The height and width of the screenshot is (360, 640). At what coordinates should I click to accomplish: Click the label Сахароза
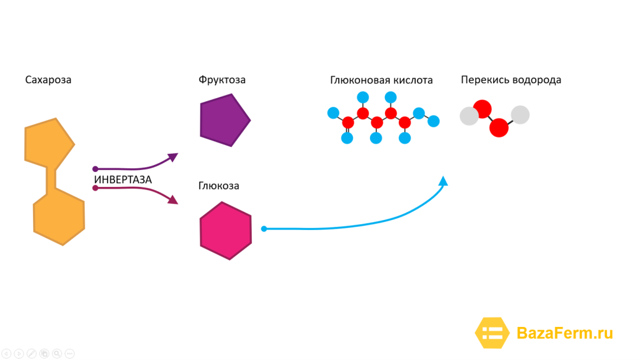tap(48, 80)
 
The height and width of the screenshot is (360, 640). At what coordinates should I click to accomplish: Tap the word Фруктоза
tap(222, 80)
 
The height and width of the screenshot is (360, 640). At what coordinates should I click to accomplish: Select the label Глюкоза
tap(219, 186)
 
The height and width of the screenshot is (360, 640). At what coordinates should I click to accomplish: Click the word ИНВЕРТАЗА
tap(123, 179)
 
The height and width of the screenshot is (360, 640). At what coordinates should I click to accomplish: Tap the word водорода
tap(537, 81)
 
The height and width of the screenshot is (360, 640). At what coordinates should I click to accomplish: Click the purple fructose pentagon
tap(224, 120)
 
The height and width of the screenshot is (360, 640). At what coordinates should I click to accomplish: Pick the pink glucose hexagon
tap(226, 231)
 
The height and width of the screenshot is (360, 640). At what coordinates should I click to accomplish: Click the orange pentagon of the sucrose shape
tap(49, 143)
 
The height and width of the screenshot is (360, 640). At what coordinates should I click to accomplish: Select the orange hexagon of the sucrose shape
tap(59, 217)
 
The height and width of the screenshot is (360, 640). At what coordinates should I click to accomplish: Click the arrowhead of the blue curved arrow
tap(443, 181)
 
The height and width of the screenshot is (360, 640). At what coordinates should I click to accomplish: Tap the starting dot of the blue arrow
tap(264, 229)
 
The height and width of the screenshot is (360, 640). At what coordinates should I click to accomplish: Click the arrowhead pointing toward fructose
tap(173, 157)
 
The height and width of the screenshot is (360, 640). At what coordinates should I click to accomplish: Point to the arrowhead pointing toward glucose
tap(173, 199)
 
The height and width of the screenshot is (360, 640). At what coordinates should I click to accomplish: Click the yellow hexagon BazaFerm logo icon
tap(492, 333)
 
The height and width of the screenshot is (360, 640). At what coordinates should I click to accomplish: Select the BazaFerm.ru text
tap(565, 333)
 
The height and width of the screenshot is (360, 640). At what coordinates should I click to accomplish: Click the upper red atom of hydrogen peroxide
tap(482, 109)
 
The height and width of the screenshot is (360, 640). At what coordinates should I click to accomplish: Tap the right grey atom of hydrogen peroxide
tap(521, 115)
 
